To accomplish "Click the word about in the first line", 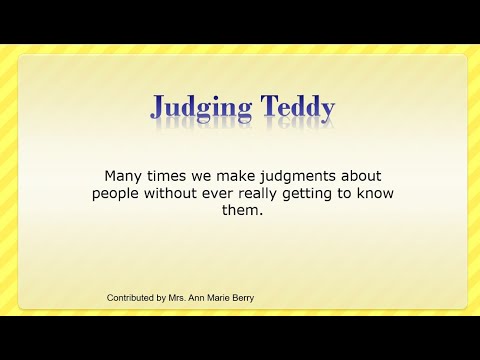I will tap(355, 174).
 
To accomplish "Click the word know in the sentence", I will tap(375, 192).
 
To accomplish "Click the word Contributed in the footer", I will tap(134, 298).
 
